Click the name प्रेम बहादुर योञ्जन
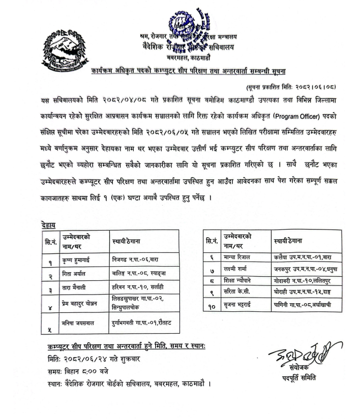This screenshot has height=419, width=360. pyautogui.click(x=83, y=304)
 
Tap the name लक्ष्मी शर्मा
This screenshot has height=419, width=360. pyautogui.click(x=235, y=269)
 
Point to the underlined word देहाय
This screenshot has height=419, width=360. pyautogui.click(x=48, y=224)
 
